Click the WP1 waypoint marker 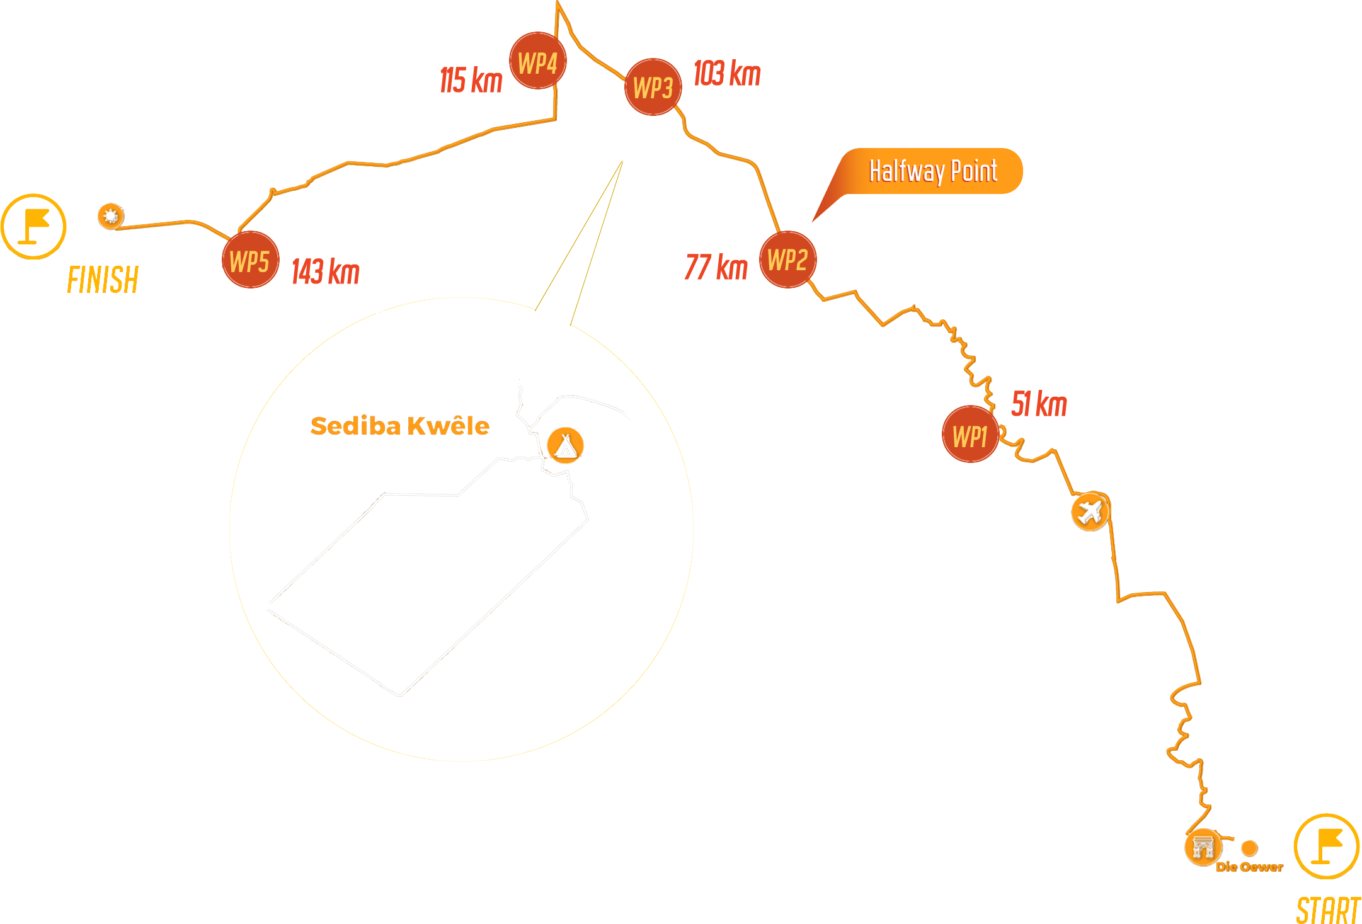click(x=970, y=435)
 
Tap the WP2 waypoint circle click(x=788, y=260)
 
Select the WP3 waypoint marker click(x=653, y=87)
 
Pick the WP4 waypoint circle click(x=538, y=61)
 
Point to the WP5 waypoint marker click(x=250, y=260)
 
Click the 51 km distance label click(x=1039, y=404)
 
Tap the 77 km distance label click(x=716, y=267)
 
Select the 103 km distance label click(x=727, y=73)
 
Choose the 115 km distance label click(x=471, y=80)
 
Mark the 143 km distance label click(x=326, y=271)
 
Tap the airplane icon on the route click(x=1090, y=511)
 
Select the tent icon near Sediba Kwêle click(x=565, y=445)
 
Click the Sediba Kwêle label click(x=400, y=426)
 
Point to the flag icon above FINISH click(x=33, y=226)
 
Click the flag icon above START click(x=1327, y=846)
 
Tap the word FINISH click(x=103, y=280)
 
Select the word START click(x=1328, y=910)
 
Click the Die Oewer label click(x=1249, y=867)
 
